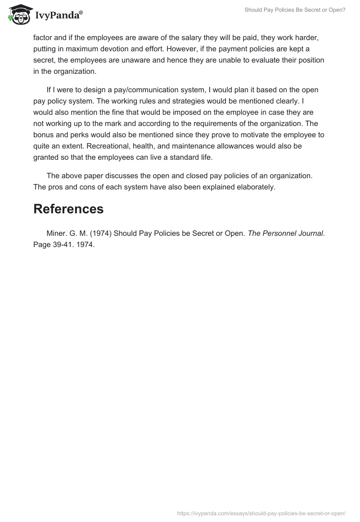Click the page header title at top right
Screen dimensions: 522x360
pyautogui.click(x=295, y=10)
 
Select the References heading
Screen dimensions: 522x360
pyautogui.click(x=68, y=209)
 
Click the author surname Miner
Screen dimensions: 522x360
pyautogui.click(x=56, y=233)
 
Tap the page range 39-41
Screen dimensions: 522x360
pyautogui.click(x=63, y=244)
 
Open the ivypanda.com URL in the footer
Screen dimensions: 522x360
pyautogui.click(x=261, y=513)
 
